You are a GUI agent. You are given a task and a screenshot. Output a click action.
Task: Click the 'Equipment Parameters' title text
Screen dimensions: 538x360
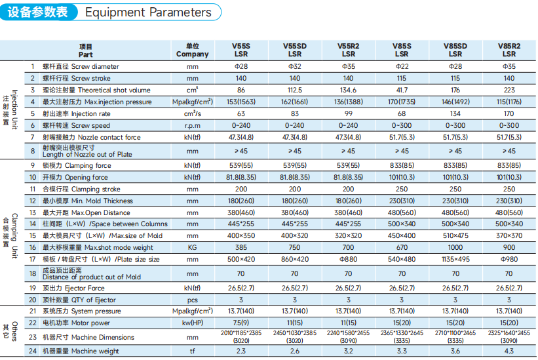point(148,12)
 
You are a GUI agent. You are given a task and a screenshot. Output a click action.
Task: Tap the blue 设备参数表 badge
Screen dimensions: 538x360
point(38,12)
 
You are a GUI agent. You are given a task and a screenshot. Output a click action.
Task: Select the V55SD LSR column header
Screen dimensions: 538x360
point(295,50)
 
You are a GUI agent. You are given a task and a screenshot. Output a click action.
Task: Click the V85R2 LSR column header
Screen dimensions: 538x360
point(509,50)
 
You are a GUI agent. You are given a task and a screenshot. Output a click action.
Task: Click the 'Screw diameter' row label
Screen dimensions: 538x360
point(95,67)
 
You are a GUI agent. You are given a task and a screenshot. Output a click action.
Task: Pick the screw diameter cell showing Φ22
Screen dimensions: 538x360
point(402,67)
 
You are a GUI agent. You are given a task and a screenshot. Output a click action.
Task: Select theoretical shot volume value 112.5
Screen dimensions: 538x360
point(295,90)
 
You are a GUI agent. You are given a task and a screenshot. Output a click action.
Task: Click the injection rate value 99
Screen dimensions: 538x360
point(348,113)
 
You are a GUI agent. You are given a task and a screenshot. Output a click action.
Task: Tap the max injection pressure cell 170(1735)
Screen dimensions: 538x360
point(402,102)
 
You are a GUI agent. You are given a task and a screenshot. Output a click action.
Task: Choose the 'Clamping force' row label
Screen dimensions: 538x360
point(92,165)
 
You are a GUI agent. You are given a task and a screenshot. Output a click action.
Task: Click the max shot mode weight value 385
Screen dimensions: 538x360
point(241,247)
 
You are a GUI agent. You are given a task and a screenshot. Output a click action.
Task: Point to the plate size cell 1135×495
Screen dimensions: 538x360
point(455,259)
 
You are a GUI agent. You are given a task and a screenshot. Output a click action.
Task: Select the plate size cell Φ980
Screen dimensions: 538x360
point(509,259)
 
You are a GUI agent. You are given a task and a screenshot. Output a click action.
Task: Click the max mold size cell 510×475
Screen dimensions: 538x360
point(455,236)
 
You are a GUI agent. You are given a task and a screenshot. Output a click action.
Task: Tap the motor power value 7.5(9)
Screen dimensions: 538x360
point(241,323)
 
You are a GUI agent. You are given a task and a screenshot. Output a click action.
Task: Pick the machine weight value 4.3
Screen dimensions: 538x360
point(509,351)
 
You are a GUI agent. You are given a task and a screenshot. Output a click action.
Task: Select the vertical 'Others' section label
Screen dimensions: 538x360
point(14,331)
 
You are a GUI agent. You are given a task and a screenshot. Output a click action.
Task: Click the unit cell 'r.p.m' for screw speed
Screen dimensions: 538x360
point(193,126)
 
